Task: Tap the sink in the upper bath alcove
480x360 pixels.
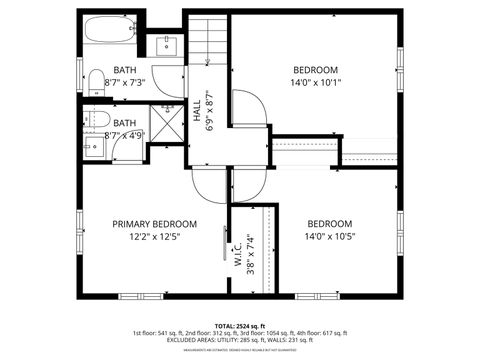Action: pos(166,44)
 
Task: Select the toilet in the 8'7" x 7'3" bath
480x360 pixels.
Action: pos(92,80)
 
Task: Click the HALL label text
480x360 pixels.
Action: pos(196,111)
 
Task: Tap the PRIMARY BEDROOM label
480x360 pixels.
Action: pos(154,224)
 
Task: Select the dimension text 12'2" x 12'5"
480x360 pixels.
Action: pos(154,237)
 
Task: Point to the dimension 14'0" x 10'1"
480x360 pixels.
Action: pos(315,84)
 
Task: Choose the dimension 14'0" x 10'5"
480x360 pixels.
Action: pos(329,236)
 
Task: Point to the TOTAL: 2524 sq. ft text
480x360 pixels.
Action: pos(239,325)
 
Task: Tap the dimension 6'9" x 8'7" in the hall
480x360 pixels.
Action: pos(209,111)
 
